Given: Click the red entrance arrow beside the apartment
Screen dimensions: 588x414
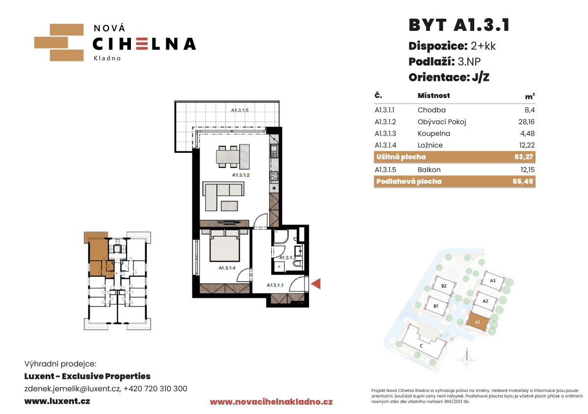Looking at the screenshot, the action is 316,284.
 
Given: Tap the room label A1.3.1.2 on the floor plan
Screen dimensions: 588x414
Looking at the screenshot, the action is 241,175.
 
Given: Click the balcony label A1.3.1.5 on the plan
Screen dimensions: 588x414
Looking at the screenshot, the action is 240,110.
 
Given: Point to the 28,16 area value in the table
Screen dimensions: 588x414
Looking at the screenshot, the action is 527,122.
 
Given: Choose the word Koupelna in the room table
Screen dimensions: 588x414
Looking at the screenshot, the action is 434,133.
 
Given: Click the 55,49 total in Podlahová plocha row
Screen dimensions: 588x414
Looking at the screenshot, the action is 523,181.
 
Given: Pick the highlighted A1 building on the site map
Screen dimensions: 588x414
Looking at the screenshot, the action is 478,322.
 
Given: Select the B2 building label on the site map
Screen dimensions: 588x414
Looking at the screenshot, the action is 444,286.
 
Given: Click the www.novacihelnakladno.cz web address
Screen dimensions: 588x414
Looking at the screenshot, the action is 271,402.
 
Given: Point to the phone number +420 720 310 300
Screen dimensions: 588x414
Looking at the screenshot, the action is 155,389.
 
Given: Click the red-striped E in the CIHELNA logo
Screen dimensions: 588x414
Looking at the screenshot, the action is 142,44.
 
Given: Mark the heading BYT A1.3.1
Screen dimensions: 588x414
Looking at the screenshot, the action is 460,25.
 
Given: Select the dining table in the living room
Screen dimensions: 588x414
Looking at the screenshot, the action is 232,155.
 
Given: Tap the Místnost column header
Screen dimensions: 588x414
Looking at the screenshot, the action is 434,96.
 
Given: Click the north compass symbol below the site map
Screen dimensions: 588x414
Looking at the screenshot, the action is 467,359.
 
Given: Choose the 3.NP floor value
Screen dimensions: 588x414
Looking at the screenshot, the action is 469,61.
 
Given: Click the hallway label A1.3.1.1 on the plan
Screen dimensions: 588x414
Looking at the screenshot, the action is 275,285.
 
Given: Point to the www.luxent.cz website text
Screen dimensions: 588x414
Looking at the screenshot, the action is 57,401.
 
